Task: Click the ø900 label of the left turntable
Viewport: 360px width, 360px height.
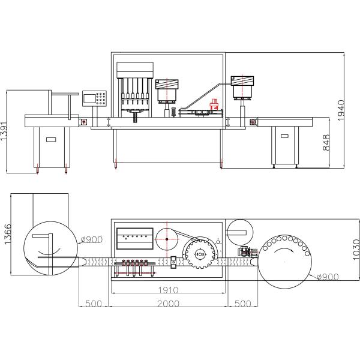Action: coord(91,239)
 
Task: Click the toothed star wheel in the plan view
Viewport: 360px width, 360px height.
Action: coord(199,254)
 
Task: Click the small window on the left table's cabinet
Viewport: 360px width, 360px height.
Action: coord(51,140)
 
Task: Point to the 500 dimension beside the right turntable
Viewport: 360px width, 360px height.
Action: coord(241,304)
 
